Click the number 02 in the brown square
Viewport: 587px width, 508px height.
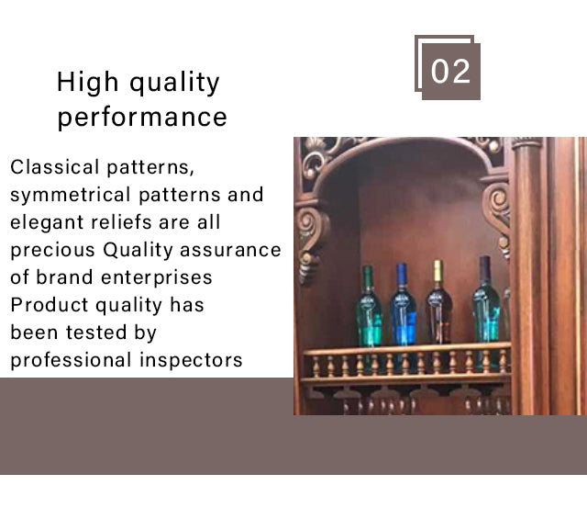click(450, 72)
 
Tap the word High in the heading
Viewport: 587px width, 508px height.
click(88, 82)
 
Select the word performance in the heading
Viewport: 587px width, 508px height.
click(142, 117)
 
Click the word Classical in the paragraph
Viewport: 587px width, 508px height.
click(55, 167)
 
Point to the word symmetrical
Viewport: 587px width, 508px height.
click(71, 195)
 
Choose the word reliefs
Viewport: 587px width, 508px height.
click(122, 222)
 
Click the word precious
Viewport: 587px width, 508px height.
click(53, 251)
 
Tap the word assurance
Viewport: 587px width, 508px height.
click(230, 250)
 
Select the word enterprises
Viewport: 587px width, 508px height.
click(157, 278)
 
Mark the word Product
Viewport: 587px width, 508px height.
click(49, 305)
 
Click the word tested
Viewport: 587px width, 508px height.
click(96, 333)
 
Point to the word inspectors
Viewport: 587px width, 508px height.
click(191, 361)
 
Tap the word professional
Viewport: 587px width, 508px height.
click(71, 361)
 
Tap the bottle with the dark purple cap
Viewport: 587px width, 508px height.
click(486, 299)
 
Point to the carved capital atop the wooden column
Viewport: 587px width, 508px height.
click(526, 142)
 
